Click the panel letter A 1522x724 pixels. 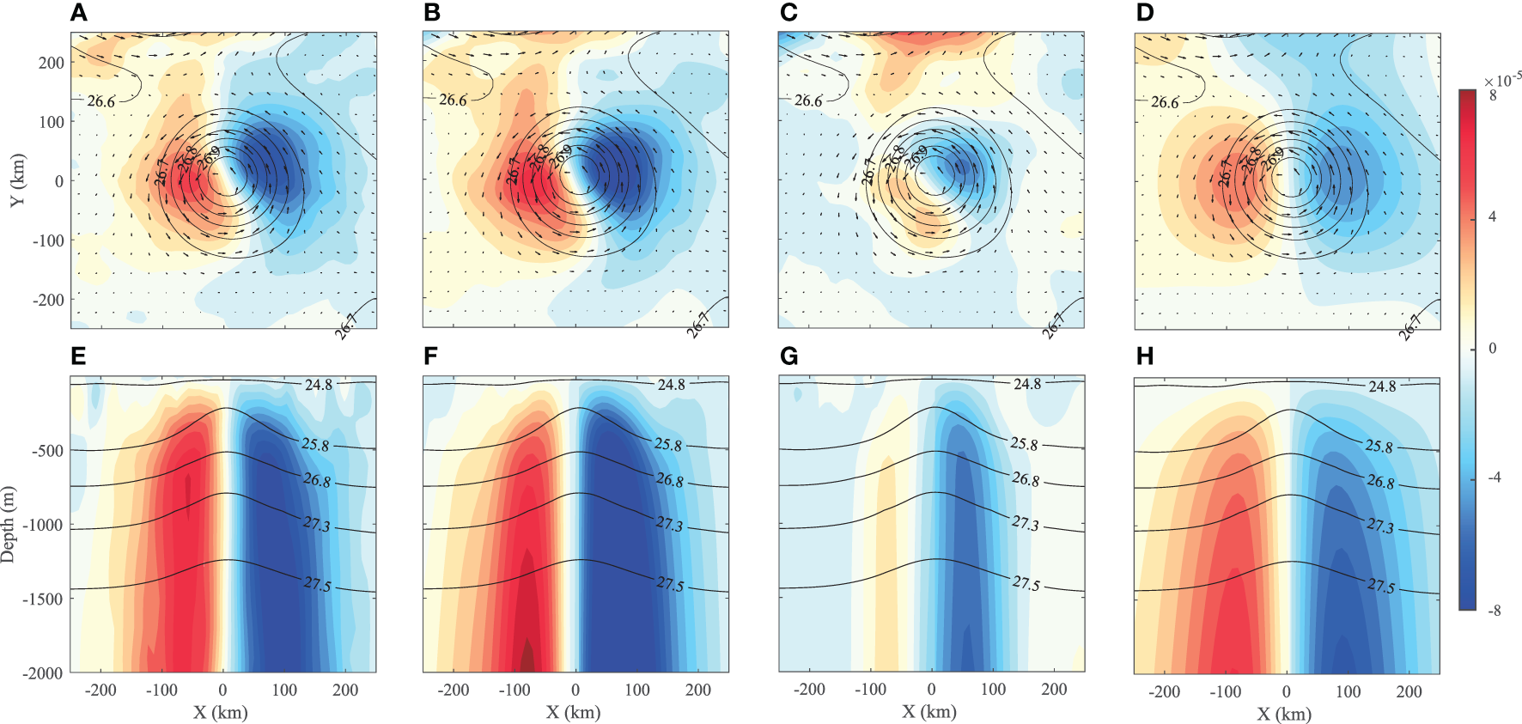coord(78,13)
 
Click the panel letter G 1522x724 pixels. coord(788,356)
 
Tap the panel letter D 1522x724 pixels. coord(1145,13)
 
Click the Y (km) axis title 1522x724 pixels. coord(17,180)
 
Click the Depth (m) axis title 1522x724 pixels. coord(9,524)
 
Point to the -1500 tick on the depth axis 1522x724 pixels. coord(43,599)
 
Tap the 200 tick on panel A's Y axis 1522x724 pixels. coord(52,63)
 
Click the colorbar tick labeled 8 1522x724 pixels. coord(1493,95)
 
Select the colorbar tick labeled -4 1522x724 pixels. coord(1494,478)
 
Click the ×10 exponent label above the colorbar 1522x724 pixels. coord(1502,81)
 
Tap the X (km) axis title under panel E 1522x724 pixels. coord(220,712)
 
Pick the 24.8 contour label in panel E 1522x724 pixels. coord(319,385)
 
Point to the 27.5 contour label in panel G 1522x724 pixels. coord(1026,583)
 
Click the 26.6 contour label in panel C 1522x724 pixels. coord(807,100)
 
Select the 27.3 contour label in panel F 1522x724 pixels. coord(670,523)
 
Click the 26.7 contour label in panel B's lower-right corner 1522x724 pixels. coord(699,325)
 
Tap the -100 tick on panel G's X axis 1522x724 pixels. coord(870,689)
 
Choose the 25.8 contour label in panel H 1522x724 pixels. coord(1379,447)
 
